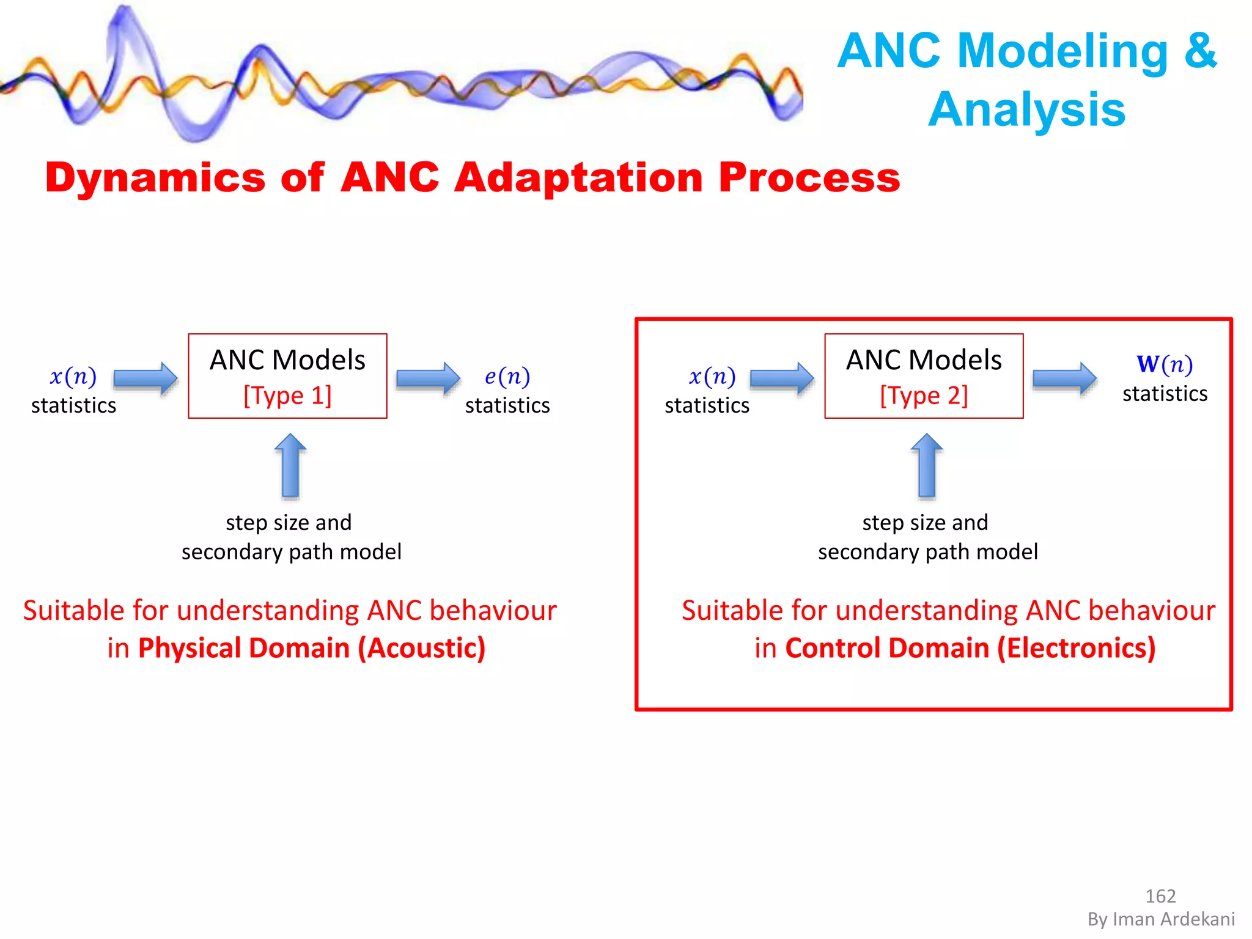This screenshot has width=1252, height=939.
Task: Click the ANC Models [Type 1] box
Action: (x=287, y=376)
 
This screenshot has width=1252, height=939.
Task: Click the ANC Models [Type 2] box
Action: (x=924, y=376)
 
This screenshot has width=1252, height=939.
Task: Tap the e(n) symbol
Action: (x=507, y=377)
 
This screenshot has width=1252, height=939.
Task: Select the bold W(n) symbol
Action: (x=1164, y=364)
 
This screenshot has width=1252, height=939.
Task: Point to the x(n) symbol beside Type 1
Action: (x=73, y=377)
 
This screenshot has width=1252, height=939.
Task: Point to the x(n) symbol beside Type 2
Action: (x=712, y=377)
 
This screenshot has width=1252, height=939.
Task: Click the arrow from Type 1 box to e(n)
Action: (x=428, y=378)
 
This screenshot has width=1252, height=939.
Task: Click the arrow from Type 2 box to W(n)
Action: (x=1064, y=378)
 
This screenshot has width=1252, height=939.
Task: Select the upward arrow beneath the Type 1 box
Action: (x=290, y=466)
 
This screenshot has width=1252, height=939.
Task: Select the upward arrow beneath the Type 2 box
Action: (x=927, y=466)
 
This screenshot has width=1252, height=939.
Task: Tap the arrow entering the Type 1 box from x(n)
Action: (x=145, y=378)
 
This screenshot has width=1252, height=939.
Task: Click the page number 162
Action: (x=1160, y=896)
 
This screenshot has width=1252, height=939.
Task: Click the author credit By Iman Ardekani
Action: (x=1161, y=919)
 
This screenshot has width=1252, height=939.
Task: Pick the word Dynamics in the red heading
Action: (x=155, y=178)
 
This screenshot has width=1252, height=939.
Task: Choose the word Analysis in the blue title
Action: (x=1026, y=109)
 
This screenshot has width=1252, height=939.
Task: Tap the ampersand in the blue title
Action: (x=1200, y=50)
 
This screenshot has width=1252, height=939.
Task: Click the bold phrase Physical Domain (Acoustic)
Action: (x=312, y=648)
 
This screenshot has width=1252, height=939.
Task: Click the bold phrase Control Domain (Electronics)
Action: (x=970, y=648)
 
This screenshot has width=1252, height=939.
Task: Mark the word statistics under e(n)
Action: (x=507, y=405)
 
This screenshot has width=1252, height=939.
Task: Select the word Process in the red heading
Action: (x=809, y=178)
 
